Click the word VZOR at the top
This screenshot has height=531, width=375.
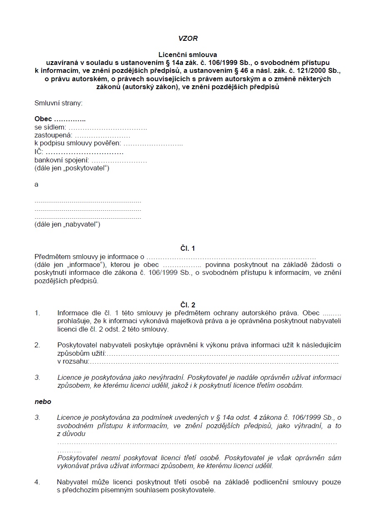pos(187,38)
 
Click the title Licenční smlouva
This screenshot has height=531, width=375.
pos(187,55)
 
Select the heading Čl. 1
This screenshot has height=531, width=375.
pos(187,248)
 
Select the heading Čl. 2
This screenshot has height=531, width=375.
pos(187,305)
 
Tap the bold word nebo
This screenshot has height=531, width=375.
pos(43,402)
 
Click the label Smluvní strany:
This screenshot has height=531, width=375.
pos(58,103)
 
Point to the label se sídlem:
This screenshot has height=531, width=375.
pos(50,127)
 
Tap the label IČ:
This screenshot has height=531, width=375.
pos(39,152)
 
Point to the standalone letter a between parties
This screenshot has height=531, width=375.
pos(37,184)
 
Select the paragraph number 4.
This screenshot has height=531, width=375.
pos(37,482)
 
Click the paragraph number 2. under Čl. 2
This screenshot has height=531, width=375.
pos(37,345)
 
